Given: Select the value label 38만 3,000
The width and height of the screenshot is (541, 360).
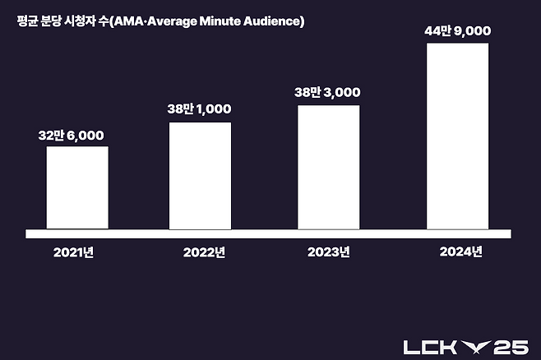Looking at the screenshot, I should (x=328, y=93).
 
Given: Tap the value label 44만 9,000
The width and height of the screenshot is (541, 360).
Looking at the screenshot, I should (x=457, y=30).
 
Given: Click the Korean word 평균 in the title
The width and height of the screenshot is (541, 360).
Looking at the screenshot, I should (x=28, y=21).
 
